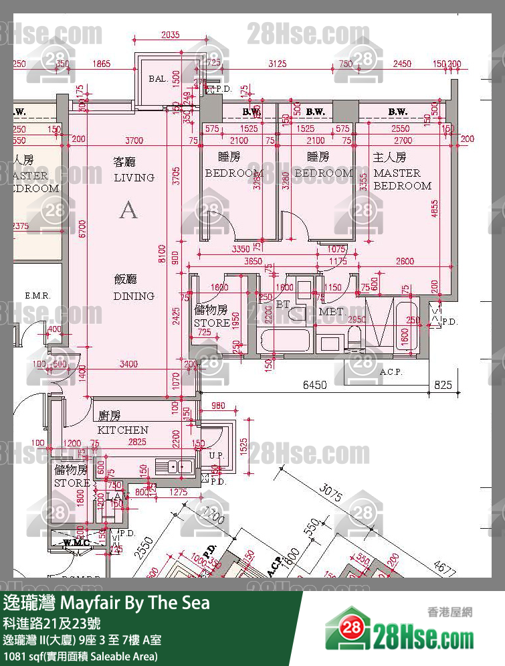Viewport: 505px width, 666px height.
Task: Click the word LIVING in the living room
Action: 134,177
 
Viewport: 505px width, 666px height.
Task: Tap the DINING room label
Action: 134,296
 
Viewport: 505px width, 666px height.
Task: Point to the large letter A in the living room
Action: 128,210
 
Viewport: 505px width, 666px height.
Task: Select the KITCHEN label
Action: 123,430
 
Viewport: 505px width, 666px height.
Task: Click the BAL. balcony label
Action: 158,79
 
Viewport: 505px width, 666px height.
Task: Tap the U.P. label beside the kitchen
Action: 216,456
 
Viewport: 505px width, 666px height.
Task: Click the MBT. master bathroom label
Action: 332,312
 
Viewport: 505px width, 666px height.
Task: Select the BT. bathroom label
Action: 282,304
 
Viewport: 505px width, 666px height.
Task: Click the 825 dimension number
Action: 443,385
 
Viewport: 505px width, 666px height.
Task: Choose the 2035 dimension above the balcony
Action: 171,35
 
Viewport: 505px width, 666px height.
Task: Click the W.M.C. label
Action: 77,542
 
